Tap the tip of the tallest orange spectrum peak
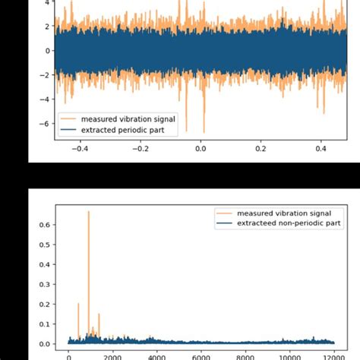pos(89,212)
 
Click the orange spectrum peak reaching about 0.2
pos(78,304)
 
